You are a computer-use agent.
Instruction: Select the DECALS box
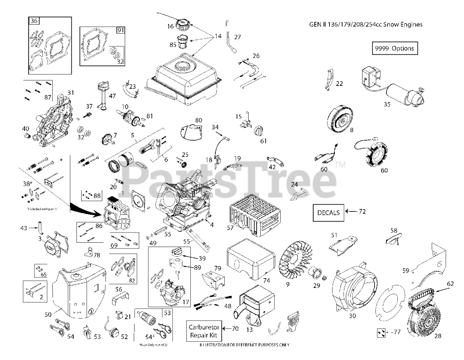point(328,212)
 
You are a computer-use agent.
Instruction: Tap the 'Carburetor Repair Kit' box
point(204,331)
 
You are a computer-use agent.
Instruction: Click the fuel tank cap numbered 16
point(183,25)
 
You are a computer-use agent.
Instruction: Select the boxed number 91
point(120,31)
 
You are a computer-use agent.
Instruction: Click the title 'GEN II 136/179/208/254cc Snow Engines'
point(365,25)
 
